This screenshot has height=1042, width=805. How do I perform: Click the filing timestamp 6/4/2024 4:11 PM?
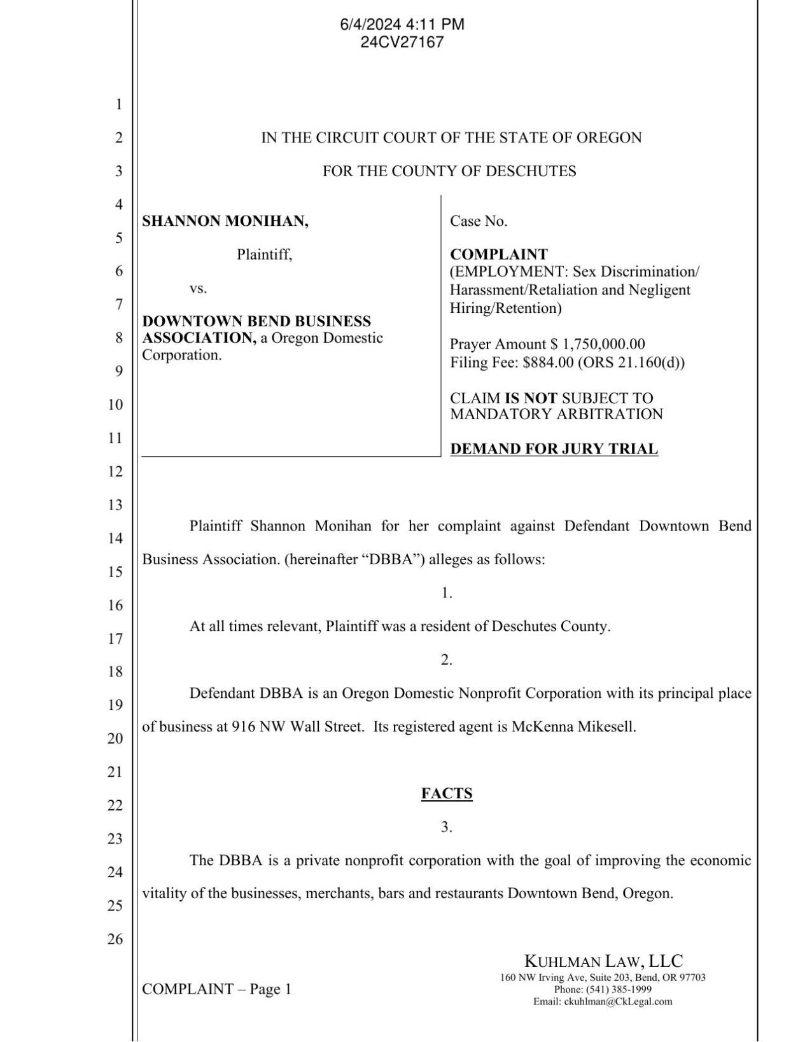click(x=402, y=24)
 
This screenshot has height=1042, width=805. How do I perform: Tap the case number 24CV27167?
click(x=402, y=42)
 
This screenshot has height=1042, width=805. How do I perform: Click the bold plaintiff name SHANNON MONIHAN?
click(x=225, y=221)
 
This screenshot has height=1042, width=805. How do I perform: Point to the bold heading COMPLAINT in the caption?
click(x=498, y=254)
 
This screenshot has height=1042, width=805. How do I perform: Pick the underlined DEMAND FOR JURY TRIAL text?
click(x=554, y=448)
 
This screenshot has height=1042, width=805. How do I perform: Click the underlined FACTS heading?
click(x=447, y=793)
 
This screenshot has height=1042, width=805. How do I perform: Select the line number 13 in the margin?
click(x=115, y=504)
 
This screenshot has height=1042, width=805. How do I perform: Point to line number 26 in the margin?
click(x=115, y=938)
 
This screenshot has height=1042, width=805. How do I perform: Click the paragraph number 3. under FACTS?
click(x=447, y=827)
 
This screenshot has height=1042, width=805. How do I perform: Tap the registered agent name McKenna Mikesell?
click(x=573, y=726)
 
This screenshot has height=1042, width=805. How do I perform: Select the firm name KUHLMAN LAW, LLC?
click(x=603, y=961)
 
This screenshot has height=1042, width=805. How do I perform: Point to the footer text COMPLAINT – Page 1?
click(x=216, y=989)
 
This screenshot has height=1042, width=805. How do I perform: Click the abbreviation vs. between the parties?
click(x=198, y=288)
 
